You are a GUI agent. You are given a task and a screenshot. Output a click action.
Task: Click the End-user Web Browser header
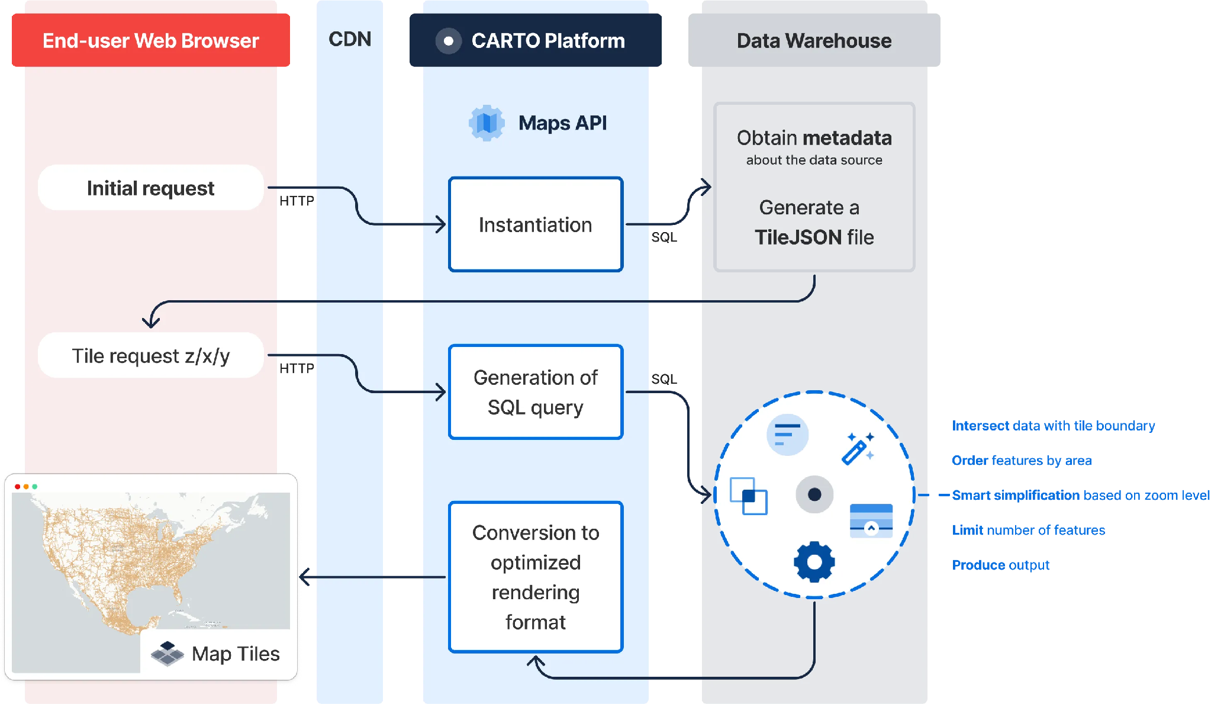(x=151, y=40)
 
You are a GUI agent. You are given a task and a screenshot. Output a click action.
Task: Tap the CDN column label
(x=350, y=39)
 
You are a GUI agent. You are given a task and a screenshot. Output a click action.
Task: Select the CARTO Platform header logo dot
(x=449, y=41)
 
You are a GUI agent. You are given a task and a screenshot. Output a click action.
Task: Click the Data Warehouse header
(x=814, y=40)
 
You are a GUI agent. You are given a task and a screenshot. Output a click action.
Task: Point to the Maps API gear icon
(x=487, y=123)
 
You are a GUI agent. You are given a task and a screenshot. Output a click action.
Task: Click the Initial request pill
(x=151, y=188)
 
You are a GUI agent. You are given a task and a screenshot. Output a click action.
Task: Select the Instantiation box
(x=536, y=224)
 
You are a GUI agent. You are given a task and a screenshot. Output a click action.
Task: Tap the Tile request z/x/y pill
(x=151, y=355)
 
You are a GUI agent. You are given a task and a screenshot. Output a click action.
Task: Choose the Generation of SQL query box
(x=536, y=392)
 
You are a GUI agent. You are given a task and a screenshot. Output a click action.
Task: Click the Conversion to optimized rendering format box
(x=536, y=577)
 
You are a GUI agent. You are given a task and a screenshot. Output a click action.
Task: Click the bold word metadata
(x=847, y=138)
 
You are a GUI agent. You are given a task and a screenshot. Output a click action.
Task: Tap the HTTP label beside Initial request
(x=297, y=201)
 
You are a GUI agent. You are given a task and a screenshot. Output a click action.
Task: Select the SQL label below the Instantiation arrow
(x=664, y=237)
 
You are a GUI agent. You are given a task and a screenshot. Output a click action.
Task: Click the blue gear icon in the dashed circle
(x=814, y=561)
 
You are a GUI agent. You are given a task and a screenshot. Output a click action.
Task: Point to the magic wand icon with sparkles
(x=858, y=448)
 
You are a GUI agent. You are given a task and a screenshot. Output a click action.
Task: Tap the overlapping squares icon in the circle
(x=749, y=496)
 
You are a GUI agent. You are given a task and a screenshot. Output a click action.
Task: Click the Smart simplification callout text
(x=1081, y=495)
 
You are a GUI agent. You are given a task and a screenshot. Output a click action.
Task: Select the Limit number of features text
(x=1029, y=530)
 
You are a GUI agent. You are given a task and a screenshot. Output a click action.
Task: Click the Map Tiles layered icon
(x=168, y=654)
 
